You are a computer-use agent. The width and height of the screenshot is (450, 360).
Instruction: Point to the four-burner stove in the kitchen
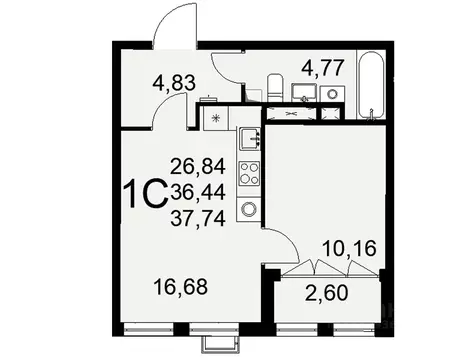click(248, 173)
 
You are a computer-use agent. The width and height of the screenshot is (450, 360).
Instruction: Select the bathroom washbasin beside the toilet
click(303, 92)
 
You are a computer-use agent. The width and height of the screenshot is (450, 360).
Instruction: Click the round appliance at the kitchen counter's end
click(248, 209)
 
